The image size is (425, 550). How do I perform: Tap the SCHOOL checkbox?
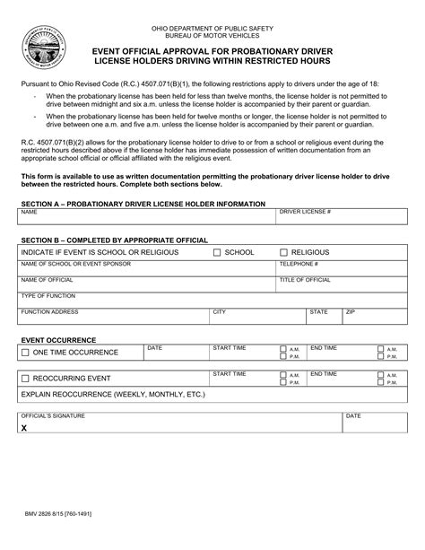coord(217,253)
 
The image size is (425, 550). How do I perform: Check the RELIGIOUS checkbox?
coord(284,253)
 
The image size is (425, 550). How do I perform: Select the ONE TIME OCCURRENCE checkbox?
coord(26,353)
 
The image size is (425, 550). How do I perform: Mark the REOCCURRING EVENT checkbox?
coord(26,379)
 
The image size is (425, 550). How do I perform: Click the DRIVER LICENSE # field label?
coord(306,213)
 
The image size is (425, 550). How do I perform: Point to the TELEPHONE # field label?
coord(299,264)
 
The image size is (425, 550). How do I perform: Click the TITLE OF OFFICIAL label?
coord(305,280)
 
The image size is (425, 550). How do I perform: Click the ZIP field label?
coord(351,311)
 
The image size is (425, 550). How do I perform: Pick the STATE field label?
coord(318,311)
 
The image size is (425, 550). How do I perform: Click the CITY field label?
coord(219,311)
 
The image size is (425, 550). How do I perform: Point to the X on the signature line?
coord(24,429)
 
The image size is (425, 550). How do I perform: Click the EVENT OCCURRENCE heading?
coord(57,340)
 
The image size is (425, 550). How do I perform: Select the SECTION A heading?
coord(143,204)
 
